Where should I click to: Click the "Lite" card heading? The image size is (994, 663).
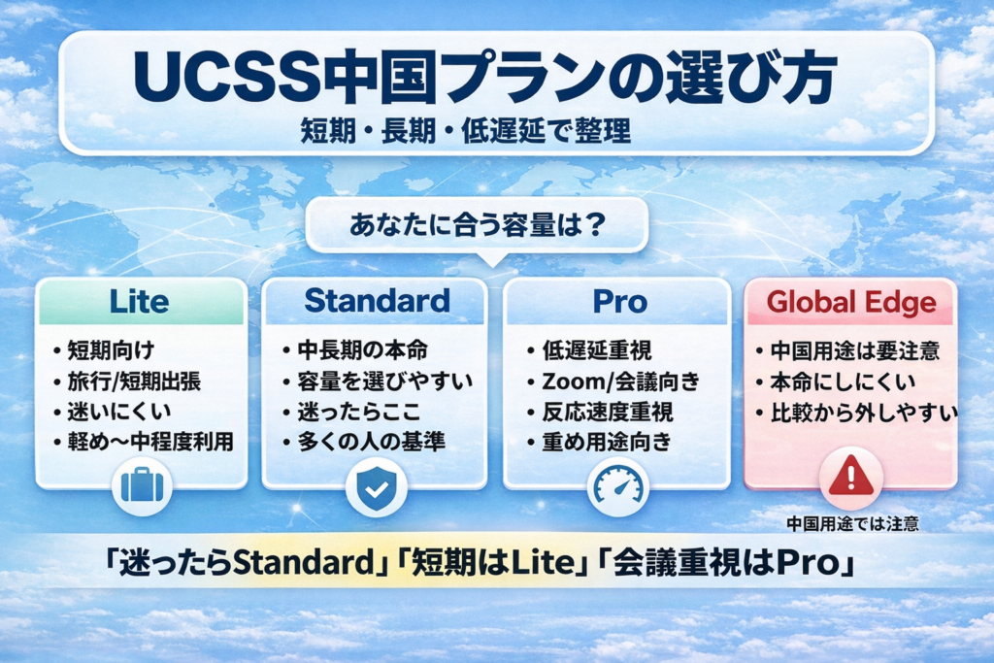coord(141,301)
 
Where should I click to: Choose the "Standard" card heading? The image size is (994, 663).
coord(377,301)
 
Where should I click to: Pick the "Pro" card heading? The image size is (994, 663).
coord(619,301)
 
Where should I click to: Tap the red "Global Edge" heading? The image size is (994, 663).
coord(851,302)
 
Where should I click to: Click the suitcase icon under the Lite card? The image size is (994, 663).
coord(141,485)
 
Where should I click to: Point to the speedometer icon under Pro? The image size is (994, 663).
coord(618,485)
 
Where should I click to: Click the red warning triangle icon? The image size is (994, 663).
coord(850,477)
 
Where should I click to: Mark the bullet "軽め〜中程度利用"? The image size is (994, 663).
coord(148,443)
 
